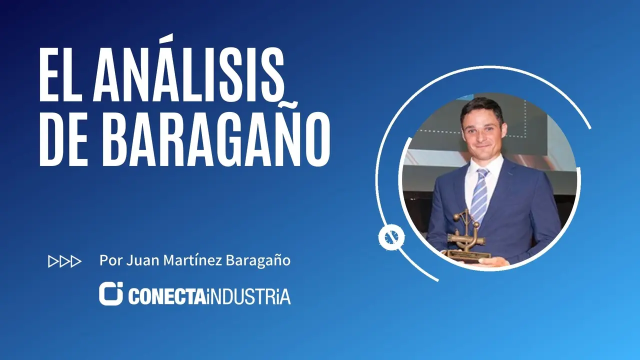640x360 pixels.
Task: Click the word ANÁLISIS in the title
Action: [x=188, y=68]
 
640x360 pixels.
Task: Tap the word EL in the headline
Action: [x=59, y=75]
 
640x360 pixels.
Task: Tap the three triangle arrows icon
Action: [x=65, y=261]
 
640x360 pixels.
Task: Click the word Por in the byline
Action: [x=111, y=260]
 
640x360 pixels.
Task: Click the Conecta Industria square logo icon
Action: [x=111, y=293]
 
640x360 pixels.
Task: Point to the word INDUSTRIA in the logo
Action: [x=247, y=296]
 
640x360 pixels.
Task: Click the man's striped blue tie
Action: [x=479, y=194]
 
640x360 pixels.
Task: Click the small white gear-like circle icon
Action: [x=391, y=237]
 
